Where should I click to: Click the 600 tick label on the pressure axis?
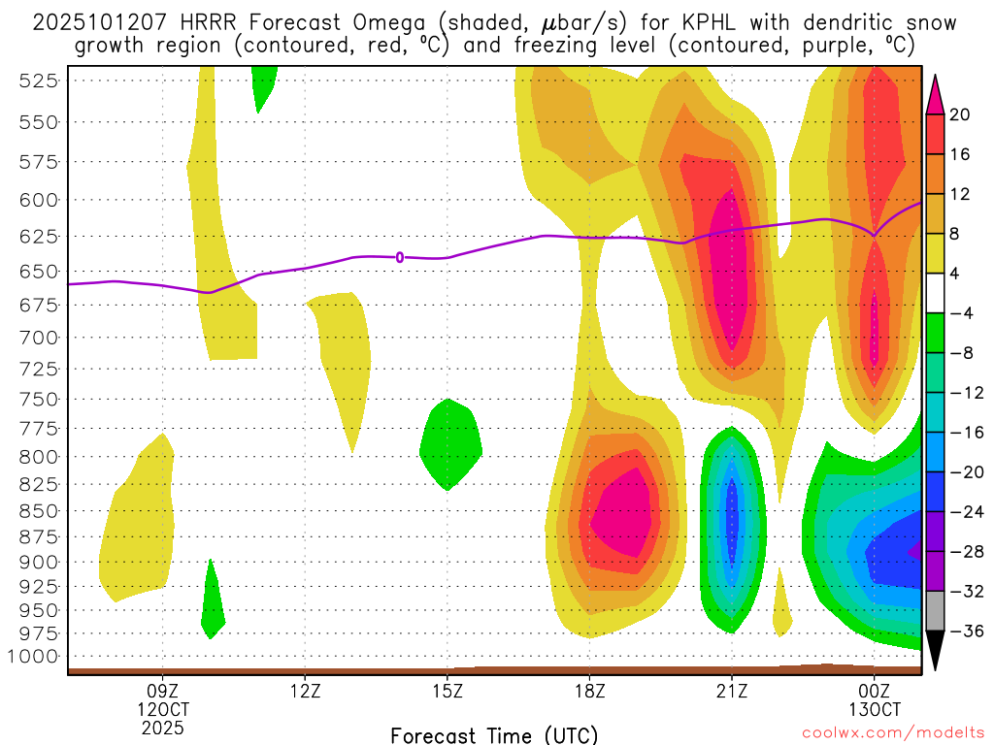37,200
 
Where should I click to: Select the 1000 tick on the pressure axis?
32,657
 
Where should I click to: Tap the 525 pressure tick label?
37,81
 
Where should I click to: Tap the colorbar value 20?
960,114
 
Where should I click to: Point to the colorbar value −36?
960,632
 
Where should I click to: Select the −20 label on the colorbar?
960,472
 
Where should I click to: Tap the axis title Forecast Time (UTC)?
494,735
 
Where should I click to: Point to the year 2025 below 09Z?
163,727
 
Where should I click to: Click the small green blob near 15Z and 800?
450,444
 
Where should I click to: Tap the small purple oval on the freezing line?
400,257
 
